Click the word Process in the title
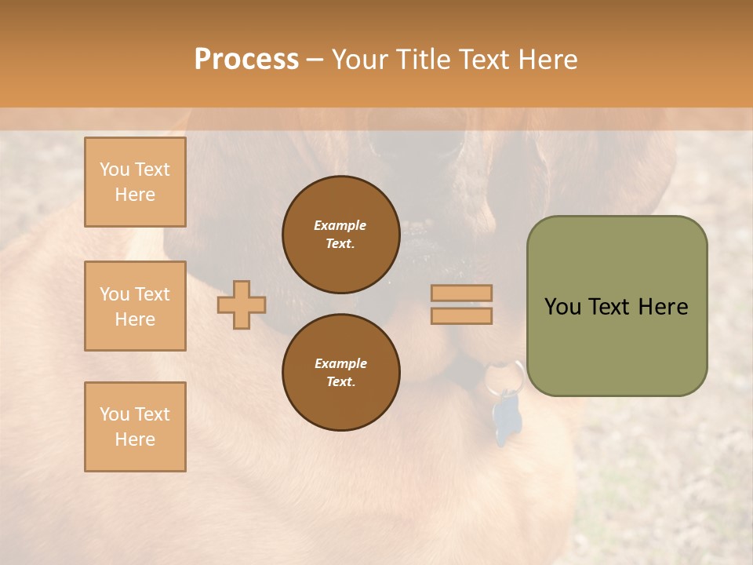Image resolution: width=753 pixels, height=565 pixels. [246, 59]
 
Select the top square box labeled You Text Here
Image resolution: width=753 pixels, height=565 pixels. [135, 182]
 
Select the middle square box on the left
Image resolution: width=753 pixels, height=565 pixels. [135, 306]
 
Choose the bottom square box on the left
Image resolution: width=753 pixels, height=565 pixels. [135, 427]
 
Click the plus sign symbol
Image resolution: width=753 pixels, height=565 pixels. [242, 304]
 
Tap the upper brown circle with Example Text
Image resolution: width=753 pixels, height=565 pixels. [340, 235]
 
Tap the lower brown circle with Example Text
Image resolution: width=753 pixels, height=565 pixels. [340, 372]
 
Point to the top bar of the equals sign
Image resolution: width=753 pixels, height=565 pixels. [461, 293]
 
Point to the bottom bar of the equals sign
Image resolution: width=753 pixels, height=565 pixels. [461, 315]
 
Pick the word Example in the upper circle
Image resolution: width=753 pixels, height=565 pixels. [340, 226]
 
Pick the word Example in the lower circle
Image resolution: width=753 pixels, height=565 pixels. [340, 363]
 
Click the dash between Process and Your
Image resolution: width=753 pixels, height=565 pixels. [315, 60]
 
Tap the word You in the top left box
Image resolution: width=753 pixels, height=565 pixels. [115, 169]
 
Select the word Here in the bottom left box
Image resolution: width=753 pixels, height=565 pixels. [135, 439]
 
